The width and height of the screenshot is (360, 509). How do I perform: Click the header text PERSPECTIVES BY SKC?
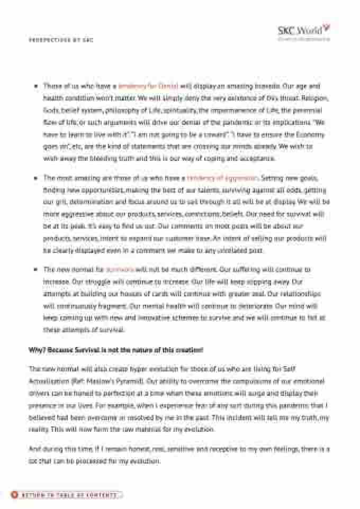[61, 40]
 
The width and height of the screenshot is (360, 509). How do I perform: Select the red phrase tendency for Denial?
[148, 85]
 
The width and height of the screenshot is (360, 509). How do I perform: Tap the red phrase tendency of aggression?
[222, 178]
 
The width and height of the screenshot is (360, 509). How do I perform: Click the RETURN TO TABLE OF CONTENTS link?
[69, 495]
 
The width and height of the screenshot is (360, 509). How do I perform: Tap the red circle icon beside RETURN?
[15, 495]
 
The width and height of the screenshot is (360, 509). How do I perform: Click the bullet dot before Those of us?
[35, 86]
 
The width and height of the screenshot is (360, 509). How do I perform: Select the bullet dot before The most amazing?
[35, 178]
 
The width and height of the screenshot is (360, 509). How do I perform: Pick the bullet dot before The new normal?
[35, 269]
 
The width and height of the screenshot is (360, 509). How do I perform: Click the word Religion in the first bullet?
[317, 98]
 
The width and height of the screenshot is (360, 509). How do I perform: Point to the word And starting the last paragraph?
[34, 449]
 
